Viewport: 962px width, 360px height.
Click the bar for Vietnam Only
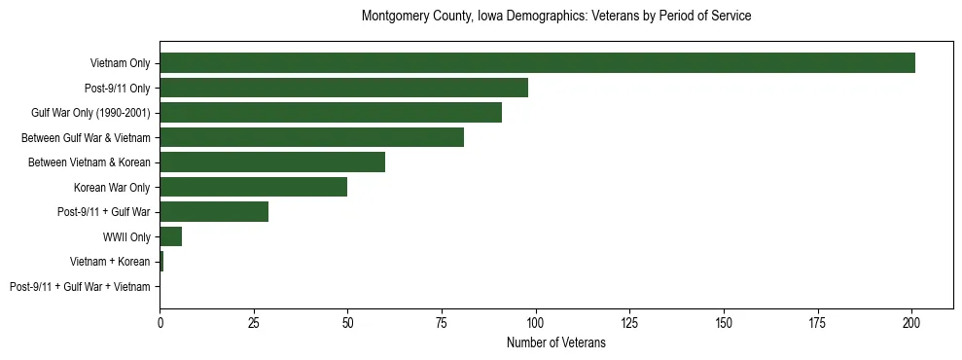(537, 63)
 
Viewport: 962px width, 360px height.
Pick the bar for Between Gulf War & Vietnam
(311, 137)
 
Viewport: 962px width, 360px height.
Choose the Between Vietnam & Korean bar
(272, 162)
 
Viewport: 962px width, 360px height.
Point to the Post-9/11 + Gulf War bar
(214, 212)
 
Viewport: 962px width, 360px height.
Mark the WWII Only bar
(170, 236)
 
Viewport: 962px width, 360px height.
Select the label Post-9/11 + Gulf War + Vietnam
(80, 287)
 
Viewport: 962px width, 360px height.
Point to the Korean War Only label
(112, 187)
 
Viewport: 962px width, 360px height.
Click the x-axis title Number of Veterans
(555, 342)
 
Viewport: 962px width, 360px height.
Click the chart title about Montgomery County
(555, 17)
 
